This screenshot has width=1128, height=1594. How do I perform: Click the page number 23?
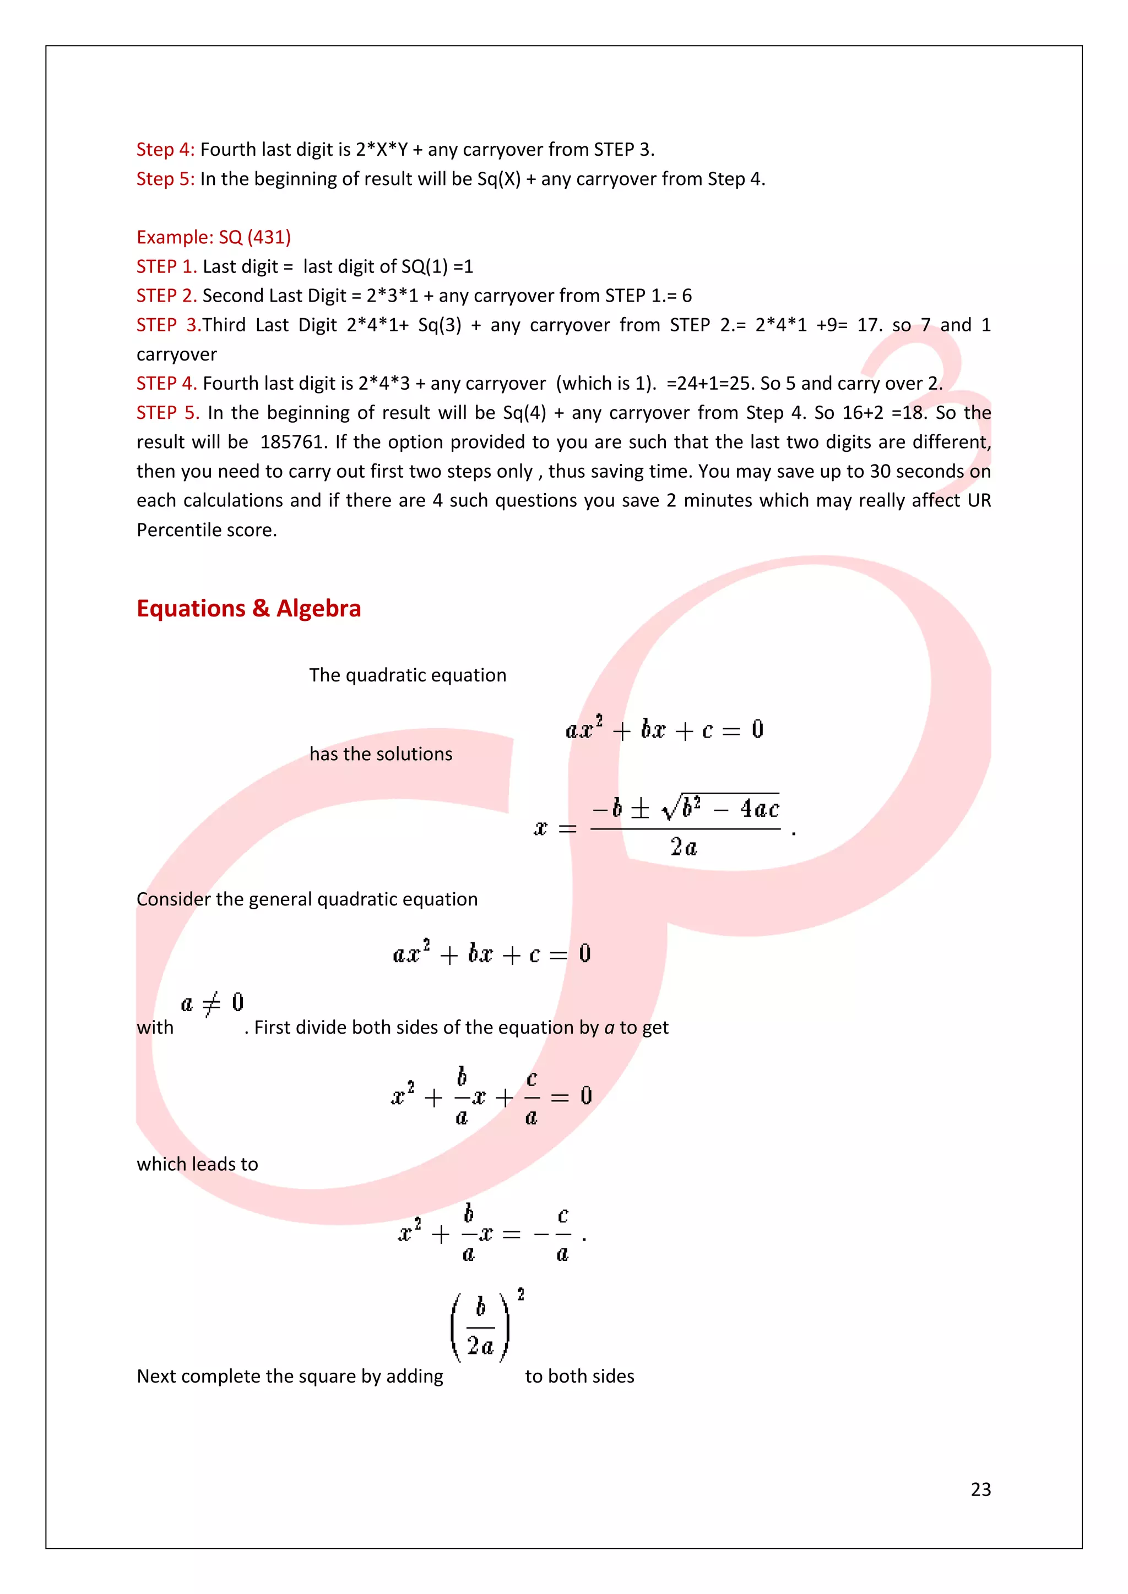980,1489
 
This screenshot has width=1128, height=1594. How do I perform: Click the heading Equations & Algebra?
248,608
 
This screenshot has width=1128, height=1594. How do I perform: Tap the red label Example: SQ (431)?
213,237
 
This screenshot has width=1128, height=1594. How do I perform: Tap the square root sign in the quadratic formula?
671,807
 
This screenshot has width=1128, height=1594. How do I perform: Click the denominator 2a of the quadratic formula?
684,847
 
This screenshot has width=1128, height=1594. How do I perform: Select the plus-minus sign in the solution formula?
639,809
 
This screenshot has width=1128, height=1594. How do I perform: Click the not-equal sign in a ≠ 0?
211,1003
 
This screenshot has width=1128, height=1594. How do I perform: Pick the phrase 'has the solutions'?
381,754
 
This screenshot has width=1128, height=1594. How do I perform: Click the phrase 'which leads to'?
197,1164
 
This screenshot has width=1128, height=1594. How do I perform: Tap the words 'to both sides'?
579,1377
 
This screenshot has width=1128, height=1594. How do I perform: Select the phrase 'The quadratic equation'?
408,675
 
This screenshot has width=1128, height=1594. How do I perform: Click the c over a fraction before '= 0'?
532,1098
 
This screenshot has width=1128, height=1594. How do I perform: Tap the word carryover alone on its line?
176,355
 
